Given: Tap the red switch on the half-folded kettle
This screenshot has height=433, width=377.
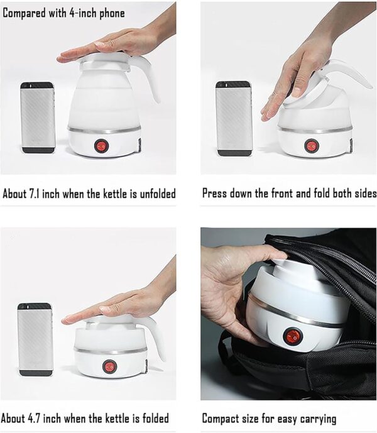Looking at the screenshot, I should point(312,146).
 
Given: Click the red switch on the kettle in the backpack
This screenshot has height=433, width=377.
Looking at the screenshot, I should point(293,336).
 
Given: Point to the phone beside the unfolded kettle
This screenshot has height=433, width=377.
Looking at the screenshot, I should point(38,118).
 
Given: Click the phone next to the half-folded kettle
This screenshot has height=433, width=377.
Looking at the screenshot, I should point(234,118).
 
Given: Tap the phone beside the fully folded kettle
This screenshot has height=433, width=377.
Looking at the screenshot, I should point(35,339).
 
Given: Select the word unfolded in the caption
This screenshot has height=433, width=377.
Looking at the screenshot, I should point(155,194).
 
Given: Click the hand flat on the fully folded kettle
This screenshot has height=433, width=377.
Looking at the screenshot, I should point(119,306).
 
